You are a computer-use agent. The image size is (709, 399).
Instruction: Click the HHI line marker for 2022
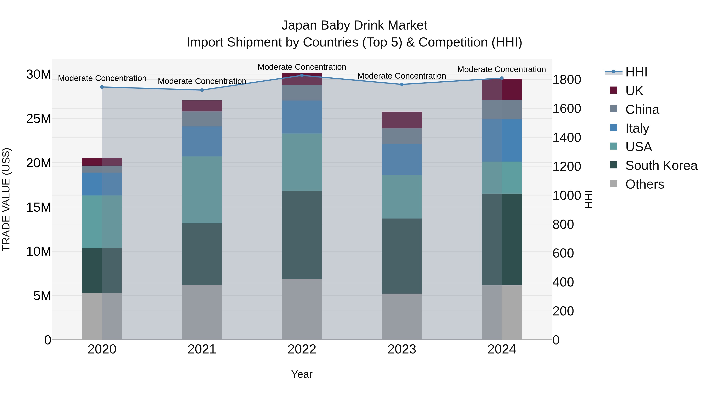302,75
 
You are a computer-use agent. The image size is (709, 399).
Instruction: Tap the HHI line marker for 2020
102,87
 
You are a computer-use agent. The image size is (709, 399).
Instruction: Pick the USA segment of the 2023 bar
402,197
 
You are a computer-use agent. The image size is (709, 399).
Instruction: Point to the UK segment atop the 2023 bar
402,120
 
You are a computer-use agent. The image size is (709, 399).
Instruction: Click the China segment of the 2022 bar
302,93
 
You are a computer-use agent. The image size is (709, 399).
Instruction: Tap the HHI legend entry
636,72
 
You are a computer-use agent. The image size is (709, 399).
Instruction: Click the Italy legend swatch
613,128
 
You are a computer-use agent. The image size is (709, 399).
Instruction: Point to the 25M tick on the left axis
39,119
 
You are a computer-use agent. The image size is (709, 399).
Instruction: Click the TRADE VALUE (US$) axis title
6,199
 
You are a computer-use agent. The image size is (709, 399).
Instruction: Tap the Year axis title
302,374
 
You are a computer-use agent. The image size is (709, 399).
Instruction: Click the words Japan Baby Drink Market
354,25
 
